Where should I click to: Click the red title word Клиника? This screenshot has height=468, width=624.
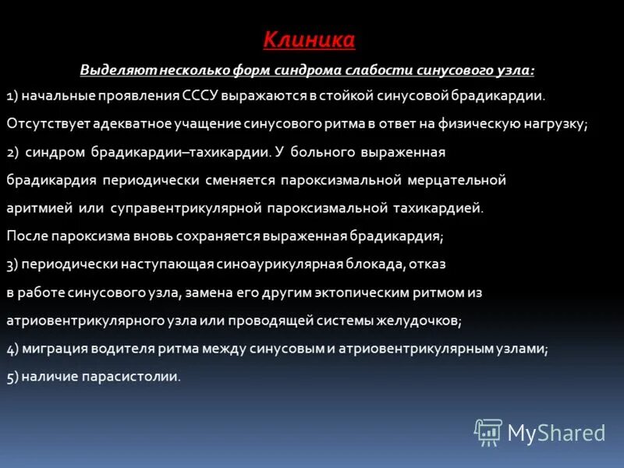(x=308, y=39)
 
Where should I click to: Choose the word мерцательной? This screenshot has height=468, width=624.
(x=456, y=180)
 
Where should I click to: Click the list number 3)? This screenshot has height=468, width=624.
(x=12, y=264)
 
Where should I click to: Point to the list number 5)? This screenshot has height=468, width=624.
(x=12, y=377)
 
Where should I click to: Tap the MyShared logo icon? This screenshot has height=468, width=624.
(x=488, y=432)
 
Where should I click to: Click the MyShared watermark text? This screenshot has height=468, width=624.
(x=557, y=433)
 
